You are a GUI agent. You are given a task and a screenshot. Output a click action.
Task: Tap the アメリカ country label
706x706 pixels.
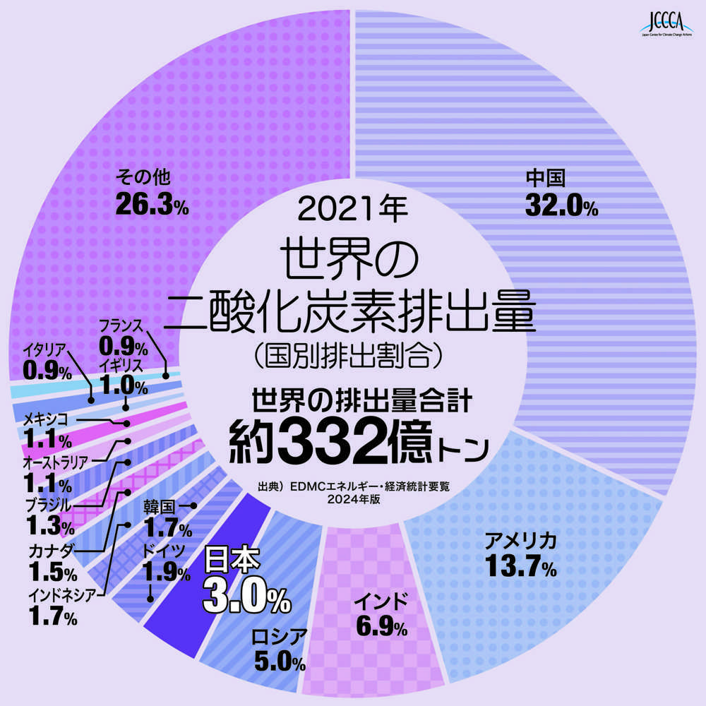(x=520, y=542)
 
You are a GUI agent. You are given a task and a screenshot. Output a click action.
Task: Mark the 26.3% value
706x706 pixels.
(x=151, y=204)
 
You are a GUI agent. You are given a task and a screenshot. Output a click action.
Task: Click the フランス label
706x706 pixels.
(x=121, y=327)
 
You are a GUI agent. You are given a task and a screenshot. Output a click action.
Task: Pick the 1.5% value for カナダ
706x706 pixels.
(x=53, y=570)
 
